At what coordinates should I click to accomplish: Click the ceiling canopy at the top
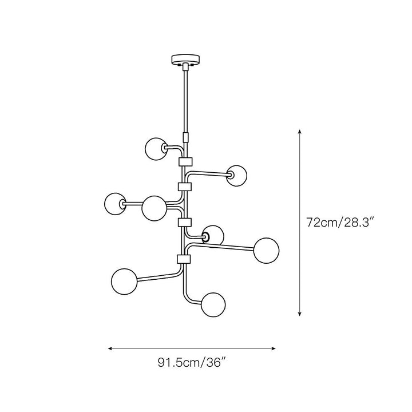[x=185, y=60]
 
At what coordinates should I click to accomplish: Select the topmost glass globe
[x=156, y=149]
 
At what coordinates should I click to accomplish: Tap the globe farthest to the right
[x=266, y=251]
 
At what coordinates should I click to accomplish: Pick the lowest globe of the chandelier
[x=213, y=305]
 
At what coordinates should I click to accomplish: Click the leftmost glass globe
[x=115, y=204]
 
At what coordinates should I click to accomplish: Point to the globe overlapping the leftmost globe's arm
[x=154, y=208]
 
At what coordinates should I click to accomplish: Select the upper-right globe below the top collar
[x=236, y=176]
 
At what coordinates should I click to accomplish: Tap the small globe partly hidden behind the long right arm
[x=213, y=235]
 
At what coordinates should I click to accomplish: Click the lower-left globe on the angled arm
[x=124, y=282]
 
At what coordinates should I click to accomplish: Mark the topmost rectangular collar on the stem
[x=185, y=162]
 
